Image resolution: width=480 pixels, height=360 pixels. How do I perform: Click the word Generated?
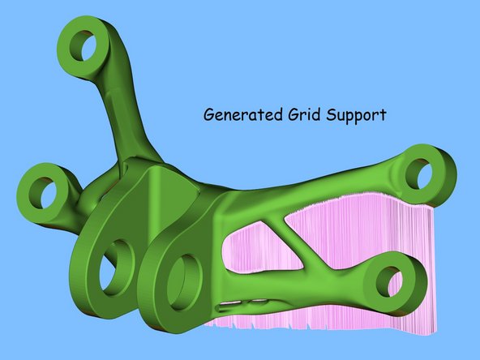(x=242, y=115)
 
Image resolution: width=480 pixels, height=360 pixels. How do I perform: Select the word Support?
(x=356, y=116)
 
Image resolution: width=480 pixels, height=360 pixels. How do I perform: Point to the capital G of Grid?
(x=293, y=115)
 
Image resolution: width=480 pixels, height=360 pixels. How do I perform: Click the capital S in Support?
(x=331, y=115)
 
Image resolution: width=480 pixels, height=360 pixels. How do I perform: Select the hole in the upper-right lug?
(x=418, y=174)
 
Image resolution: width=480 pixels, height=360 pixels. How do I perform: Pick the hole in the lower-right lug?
(x=389, y=281)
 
